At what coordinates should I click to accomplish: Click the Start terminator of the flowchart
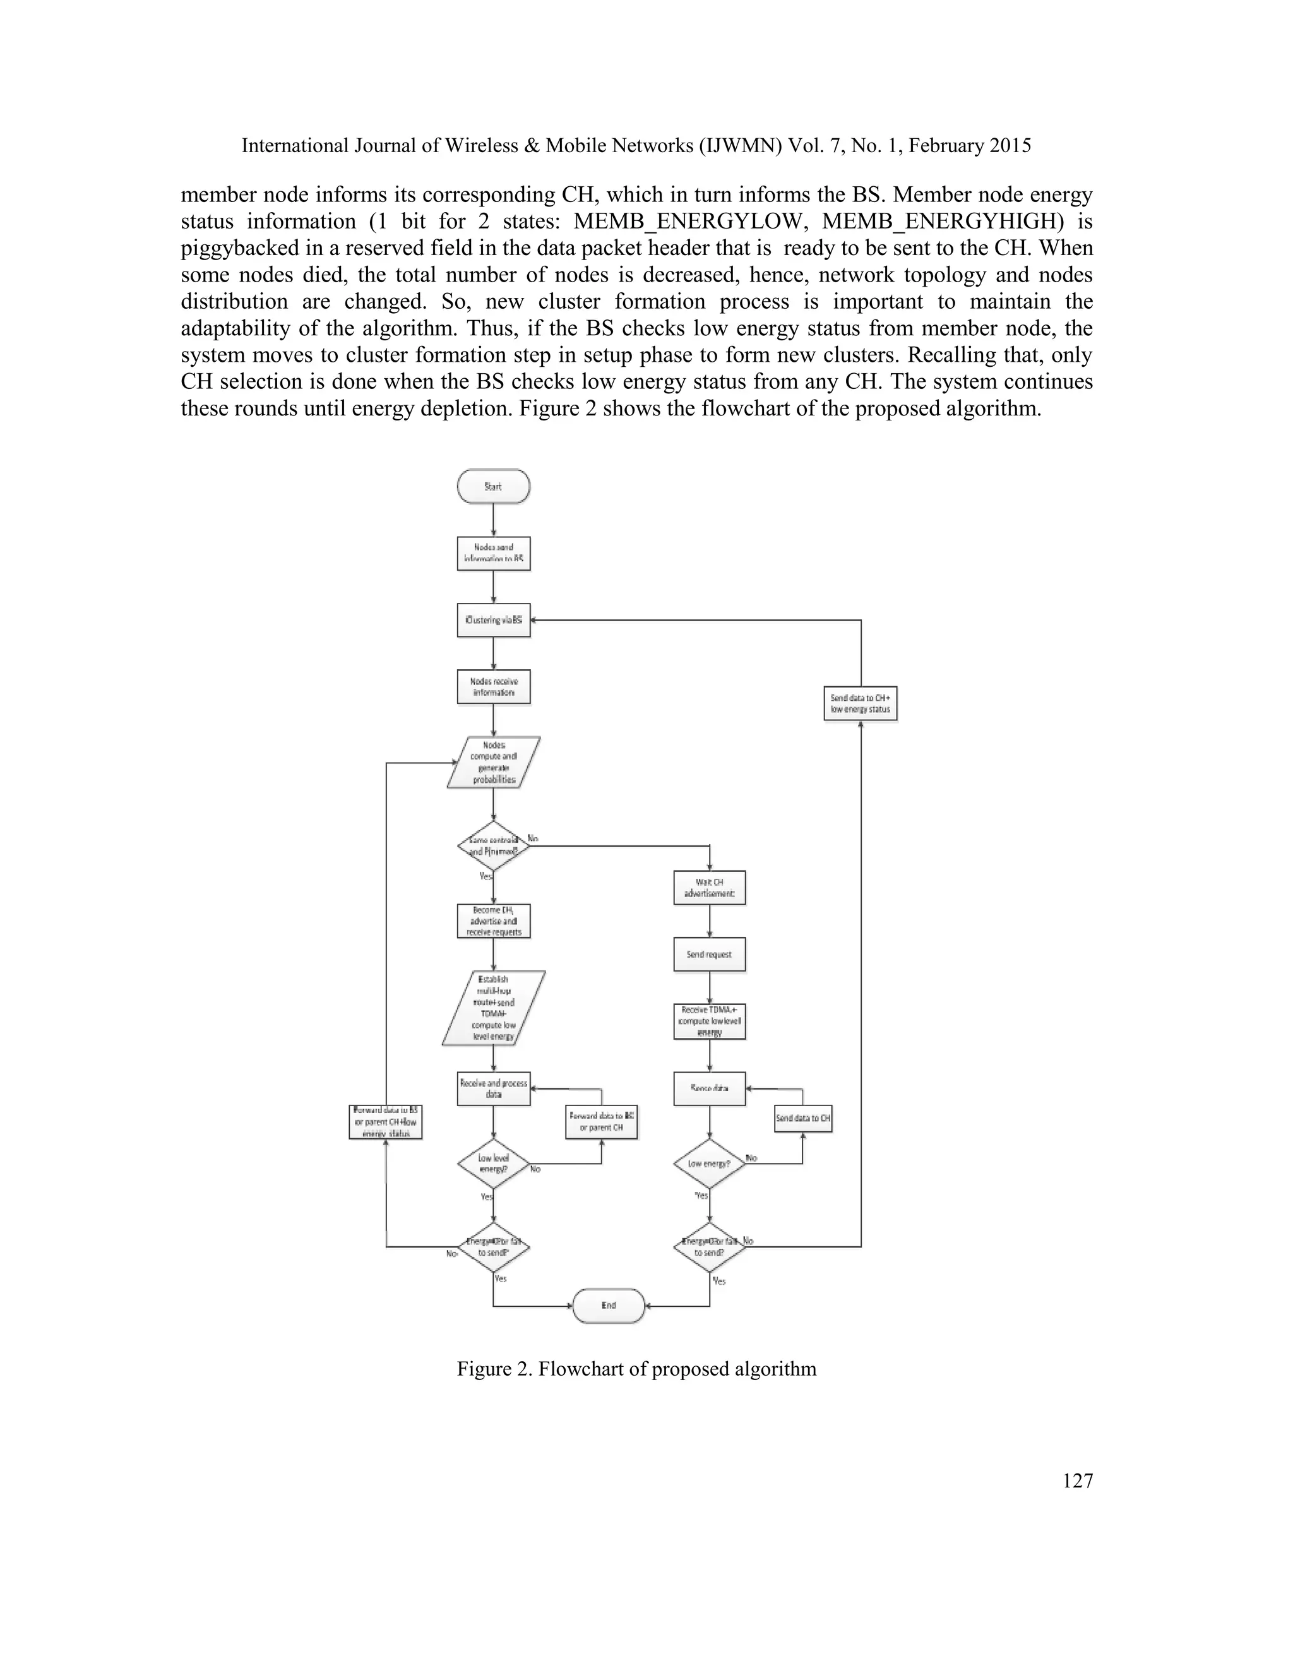493,486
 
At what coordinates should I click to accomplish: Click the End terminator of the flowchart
609,1306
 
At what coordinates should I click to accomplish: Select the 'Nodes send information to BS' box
493,553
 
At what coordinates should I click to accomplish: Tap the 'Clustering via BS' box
493,620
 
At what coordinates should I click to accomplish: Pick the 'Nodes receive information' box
493,686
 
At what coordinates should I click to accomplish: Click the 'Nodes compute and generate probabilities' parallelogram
493,762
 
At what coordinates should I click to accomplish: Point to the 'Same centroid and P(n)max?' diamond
493,846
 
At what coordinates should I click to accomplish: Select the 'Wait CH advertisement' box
709,887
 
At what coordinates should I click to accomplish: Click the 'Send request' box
709,955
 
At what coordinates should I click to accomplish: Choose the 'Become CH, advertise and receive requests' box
493,920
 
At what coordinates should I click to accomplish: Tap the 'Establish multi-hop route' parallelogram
493,1008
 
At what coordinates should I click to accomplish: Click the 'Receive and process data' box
493,1088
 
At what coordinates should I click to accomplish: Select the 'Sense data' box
709,1088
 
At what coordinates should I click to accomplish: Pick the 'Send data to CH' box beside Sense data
803,1119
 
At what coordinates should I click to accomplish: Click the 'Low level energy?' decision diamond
493,1164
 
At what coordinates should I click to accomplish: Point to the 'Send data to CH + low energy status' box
861,703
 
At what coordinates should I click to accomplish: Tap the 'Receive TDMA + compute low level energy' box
709,1021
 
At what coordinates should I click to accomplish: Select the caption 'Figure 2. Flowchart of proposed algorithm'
636,1369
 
